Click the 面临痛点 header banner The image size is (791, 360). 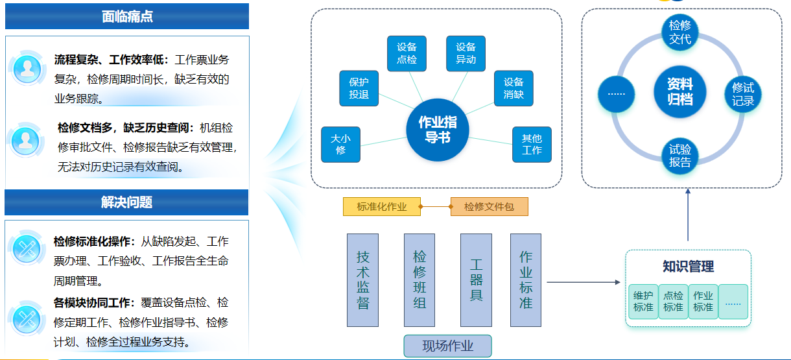click(x=127, y=16)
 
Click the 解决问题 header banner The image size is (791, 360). click(x=127, y=202)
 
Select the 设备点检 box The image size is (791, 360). click(x=407, y=54)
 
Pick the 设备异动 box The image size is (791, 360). click(x=466, y=54)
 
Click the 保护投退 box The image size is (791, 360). click(x=359, y=89)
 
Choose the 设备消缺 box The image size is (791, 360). click(x=514, y=89)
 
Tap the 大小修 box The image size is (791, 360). click(x=340, y=144)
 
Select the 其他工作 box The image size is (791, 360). click(x=532, y=144)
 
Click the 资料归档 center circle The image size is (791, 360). click(x=680, y=92)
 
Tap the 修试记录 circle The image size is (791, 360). click(x=743, y=95)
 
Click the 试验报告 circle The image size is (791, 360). click(x=680, y=156)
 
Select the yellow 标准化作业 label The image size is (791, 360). click(x=382, y=207)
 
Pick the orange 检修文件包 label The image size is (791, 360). click(x=489, y=207)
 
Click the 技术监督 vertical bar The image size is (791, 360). click(x=363, y=280)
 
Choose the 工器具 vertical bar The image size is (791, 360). click(x=477, y=280)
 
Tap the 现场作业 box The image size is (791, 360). click(x=448, y=346)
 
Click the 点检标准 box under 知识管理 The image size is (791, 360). click(x=673, y=302)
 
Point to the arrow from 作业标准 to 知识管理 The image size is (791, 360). click(x=584, y=282)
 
